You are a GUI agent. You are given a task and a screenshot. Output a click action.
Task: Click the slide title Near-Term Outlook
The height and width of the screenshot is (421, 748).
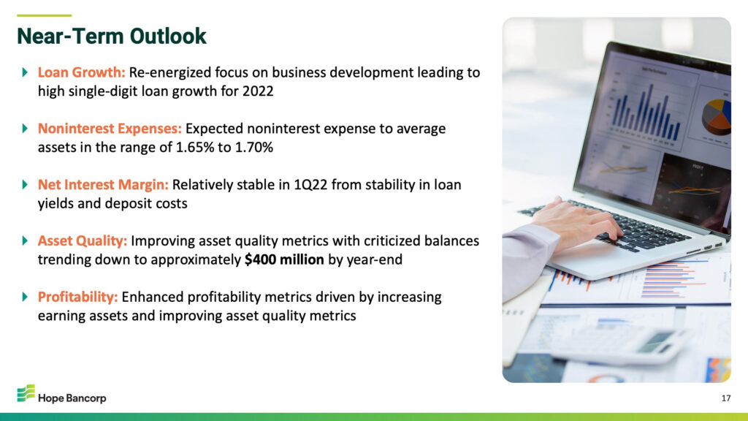pyautogui.click(x=112, y=37)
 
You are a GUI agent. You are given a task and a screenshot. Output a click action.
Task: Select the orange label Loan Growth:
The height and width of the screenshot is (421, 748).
pyautogui.click(x=81, y=72)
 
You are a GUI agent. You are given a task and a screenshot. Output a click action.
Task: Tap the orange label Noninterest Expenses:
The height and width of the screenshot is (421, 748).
pyautogui.click(x=110, y=129)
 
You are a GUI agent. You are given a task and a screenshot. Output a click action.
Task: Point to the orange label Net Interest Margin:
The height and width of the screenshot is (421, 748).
pyautogui.click(x=103, y=185)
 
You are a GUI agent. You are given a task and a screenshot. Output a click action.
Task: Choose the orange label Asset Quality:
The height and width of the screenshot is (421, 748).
pyautogui.click(x=83, y=240)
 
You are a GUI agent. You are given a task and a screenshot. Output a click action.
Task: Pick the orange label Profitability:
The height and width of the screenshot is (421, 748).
pyautogui.click(x=77, y=297)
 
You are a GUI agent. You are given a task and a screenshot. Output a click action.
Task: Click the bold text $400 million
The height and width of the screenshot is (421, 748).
pyautogui.click(x=284, y=259)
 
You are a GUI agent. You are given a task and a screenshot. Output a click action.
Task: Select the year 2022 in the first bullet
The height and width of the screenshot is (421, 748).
pyautogui.click(x=258, y=91)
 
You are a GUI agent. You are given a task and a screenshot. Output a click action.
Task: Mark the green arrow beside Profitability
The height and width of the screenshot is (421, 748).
pyautogui.click(x=25, y=297)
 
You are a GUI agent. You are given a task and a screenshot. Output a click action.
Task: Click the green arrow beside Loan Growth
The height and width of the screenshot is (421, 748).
pyautogui.click(x=25, y=72)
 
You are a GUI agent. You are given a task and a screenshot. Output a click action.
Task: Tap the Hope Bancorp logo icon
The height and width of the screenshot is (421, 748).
pyautogui.click(x=26, y=393)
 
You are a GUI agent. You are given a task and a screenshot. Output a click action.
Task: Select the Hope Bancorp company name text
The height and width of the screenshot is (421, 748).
pyautogui.click(x=72, y=398)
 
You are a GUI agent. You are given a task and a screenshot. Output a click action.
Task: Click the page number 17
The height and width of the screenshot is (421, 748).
pyautogui.click(x=726, y=398)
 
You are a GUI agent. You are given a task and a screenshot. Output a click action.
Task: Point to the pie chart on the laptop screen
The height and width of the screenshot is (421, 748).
pyautogui.click(x=717, y=116)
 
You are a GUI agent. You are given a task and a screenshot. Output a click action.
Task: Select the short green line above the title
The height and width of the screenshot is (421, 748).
pyautogui.click(x=45, y=16)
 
